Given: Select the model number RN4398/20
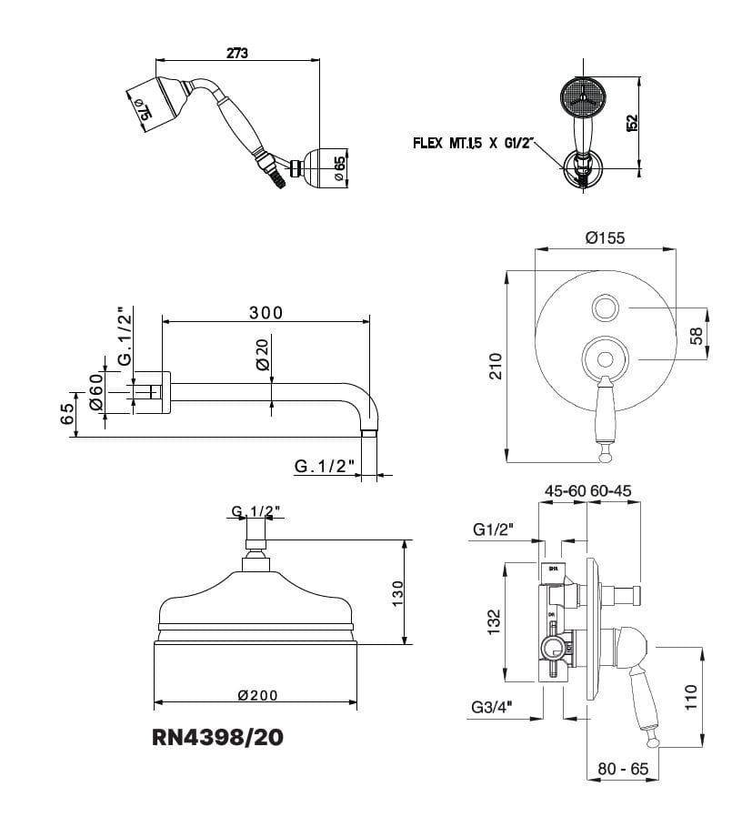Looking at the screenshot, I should pos(218,737).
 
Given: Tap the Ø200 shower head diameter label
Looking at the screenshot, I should pos(257,695).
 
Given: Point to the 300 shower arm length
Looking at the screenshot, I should pos(266,312).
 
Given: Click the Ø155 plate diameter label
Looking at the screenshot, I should pos(606,238).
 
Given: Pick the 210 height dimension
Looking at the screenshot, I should pos(496,366).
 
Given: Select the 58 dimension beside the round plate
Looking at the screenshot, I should pos(697,336).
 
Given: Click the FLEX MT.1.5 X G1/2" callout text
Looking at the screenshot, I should pos(476,144).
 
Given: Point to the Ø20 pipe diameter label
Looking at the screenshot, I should pos(262,353).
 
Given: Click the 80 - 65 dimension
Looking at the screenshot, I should pos(623,769).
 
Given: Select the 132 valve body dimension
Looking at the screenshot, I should pos(495,622).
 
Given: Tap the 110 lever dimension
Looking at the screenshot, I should pos(691,697).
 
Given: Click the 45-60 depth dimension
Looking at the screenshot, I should pos(565,490).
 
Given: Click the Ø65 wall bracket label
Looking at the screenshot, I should pos(338,168).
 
